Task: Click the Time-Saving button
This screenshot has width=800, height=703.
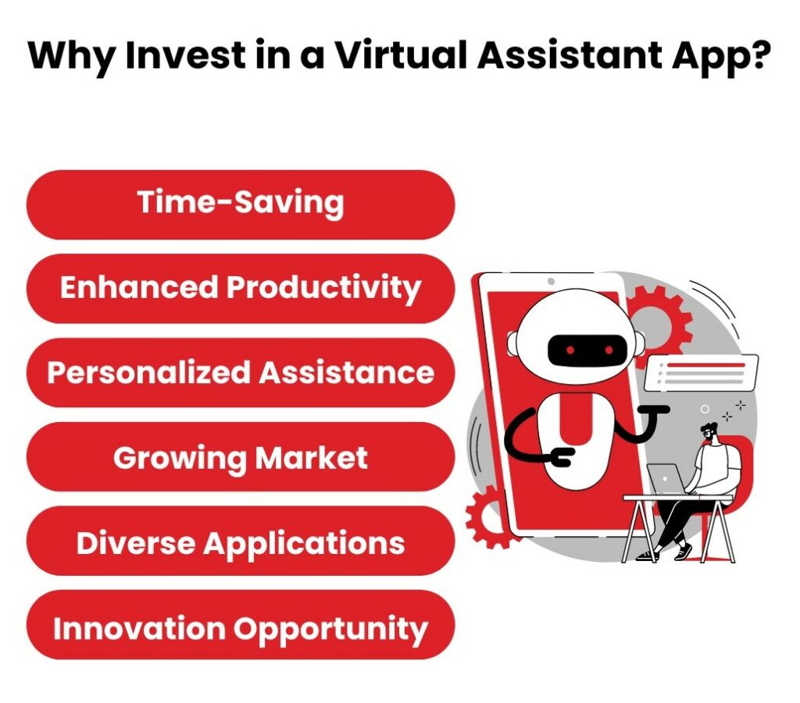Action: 241,204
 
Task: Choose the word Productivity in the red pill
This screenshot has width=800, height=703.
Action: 323,288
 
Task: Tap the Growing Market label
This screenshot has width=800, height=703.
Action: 241,457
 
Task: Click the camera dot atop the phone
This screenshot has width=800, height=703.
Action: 551,281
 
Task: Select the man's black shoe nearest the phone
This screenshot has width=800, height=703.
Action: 645,555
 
